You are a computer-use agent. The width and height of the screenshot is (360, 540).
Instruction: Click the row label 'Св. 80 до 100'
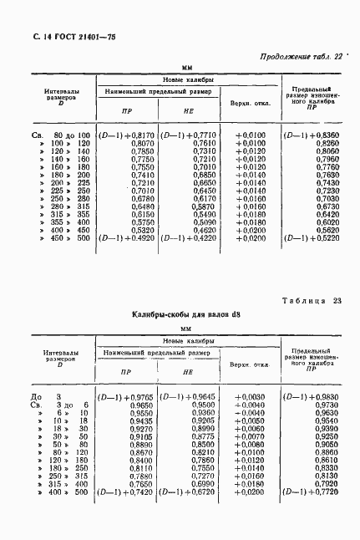(x=60, y=135)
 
